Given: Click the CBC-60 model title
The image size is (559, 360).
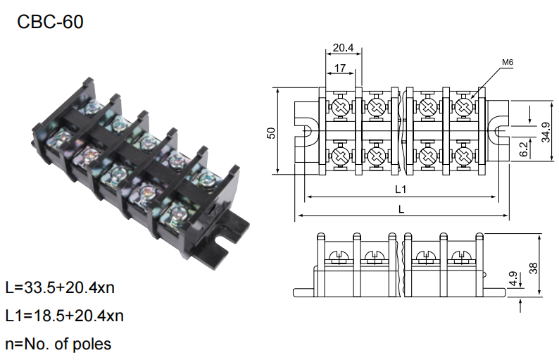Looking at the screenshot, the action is click(50, 22).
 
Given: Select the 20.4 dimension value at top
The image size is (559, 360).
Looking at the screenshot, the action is click(343, 47).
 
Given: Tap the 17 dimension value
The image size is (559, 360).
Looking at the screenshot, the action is click(340, 68).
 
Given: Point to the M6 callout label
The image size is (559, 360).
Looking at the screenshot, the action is click(508, 62).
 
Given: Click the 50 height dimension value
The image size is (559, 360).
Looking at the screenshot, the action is click(271, 132).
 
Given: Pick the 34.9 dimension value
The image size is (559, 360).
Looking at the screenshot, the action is click(546, 132).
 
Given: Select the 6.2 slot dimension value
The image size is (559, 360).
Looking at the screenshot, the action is click(523, 149).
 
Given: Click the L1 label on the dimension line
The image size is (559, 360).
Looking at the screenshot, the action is click(401, 189).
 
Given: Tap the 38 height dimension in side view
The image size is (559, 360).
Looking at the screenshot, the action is click(533, 268).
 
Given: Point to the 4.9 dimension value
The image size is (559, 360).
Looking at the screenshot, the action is click(513, 278).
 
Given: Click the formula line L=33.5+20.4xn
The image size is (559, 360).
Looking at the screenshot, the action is click(60, 287).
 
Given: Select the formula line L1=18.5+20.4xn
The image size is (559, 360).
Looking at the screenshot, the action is click(65, 316).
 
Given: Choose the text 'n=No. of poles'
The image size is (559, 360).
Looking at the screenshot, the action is click(58, 344).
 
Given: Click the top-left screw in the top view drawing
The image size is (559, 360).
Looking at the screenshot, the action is click(341, 106).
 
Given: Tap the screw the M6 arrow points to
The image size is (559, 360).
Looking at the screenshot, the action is click(464, 106).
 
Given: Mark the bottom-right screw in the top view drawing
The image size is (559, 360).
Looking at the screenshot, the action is click(464, 156).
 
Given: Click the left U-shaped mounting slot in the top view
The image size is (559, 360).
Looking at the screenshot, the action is click(306, 132).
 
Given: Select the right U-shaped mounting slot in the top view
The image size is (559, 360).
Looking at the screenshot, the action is click(498, 132).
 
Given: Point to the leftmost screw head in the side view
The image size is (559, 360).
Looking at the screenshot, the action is click(339, 256).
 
